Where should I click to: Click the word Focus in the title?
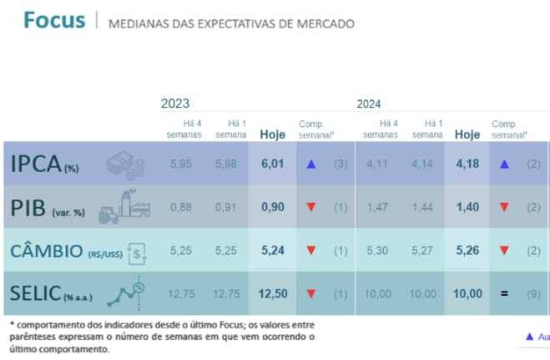54,19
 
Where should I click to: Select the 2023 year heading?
175,104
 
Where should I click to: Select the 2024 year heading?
369,104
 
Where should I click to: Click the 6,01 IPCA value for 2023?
272,164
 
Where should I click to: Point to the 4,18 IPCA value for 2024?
467,164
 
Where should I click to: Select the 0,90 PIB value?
272,207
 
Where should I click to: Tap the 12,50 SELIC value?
272,293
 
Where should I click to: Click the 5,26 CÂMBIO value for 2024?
467,250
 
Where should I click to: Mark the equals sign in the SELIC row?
504,293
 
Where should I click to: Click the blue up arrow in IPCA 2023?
310,164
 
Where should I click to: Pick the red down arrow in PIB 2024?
504,207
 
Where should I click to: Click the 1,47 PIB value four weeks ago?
381,207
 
